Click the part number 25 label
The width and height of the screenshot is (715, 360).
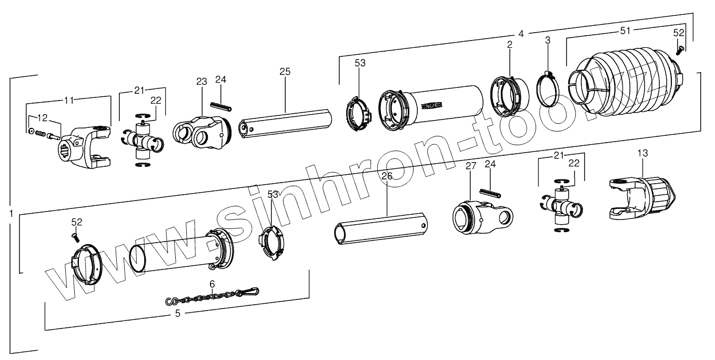285,72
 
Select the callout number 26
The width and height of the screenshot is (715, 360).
387,176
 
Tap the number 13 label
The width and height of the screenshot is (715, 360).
642,153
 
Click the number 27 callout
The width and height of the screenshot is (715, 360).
470,166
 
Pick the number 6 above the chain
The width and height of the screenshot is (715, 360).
212,284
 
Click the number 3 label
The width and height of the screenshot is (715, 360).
547,40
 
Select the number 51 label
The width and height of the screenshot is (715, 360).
625,31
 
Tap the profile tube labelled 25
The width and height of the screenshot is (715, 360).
284,122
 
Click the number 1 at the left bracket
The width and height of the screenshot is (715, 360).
11,213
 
